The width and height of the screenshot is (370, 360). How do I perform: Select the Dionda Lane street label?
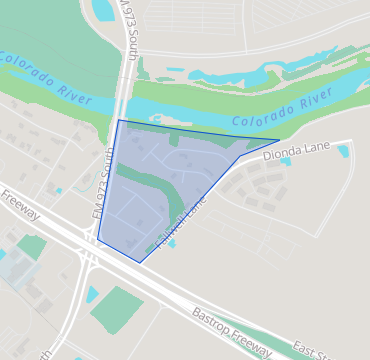coord(297,151)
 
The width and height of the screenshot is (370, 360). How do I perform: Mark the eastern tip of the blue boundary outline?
coord(280,140)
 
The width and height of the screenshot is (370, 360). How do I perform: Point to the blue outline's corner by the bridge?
coord(119,121)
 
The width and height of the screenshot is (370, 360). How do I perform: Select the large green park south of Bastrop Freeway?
coord(116,310)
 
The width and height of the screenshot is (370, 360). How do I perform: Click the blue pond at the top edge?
coord(103,10)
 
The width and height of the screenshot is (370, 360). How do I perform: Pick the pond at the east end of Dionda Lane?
coord(344,151)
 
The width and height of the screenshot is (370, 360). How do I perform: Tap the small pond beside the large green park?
coord(92,294)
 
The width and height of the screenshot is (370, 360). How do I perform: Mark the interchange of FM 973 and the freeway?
coord(88,256)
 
